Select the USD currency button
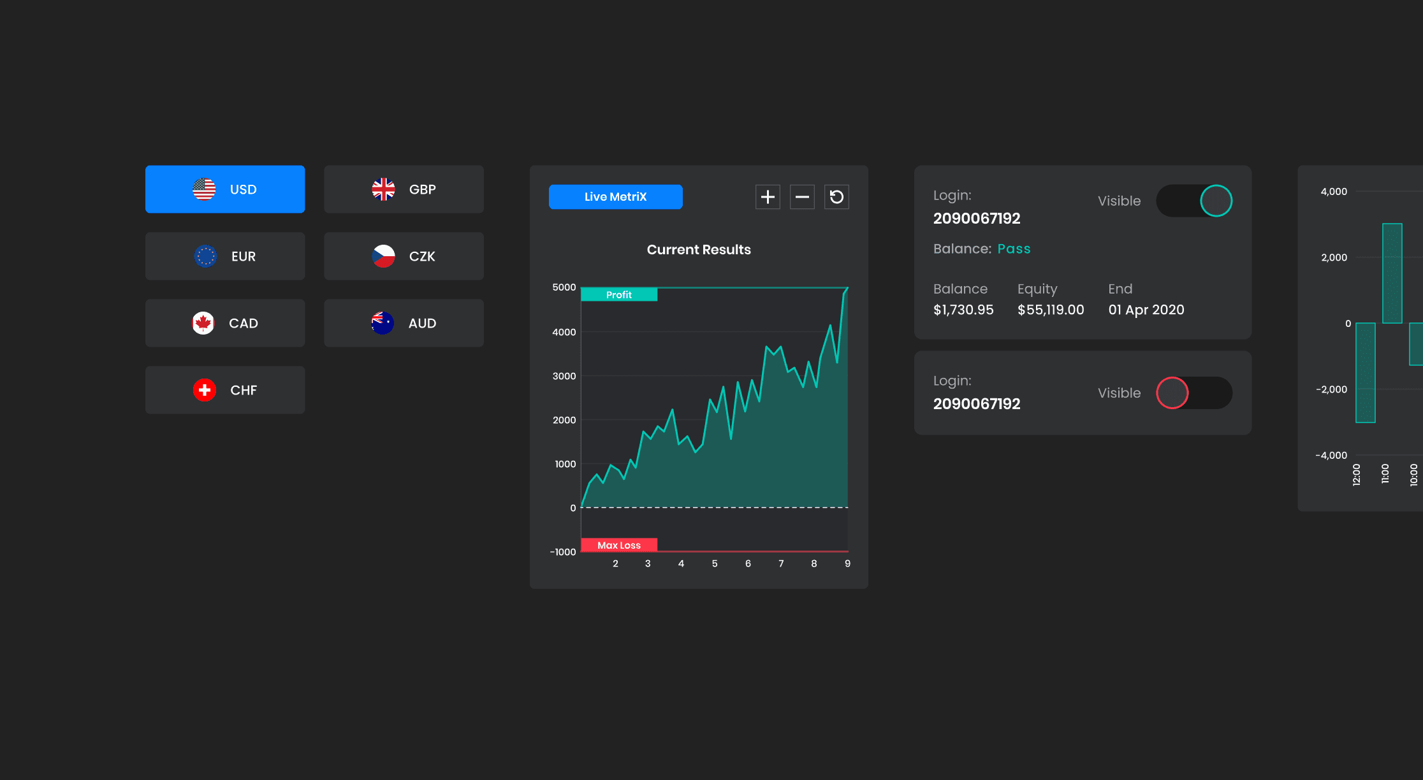coord(225,189)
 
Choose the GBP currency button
coord(404,189)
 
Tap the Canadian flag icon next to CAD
coord(203,323)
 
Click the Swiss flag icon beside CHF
coord(205,390)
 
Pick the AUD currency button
coord(404,323)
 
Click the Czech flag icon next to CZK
coord(383,256)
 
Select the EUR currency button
coord(225,256)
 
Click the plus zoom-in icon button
coord(768,197)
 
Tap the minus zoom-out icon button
coord(802,197)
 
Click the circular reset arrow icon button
coord(836,197)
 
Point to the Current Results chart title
coord(699,250)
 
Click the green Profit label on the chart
coord(618,294)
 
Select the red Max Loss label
coord(618,545)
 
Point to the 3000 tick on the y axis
coord(564,376)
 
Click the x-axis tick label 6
coord(748,563)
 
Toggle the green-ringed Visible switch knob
coord(1216,201)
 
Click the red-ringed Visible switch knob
coord(1172,393)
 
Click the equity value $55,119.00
coord(1051,310)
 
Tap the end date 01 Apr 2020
coord(1146,310)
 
